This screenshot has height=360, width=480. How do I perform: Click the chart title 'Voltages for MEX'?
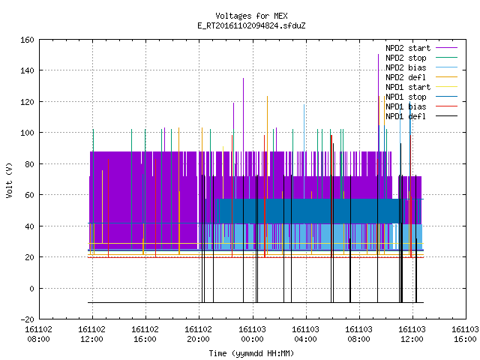(251, 16)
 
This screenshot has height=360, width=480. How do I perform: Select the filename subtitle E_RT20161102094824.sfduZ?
(251, 25)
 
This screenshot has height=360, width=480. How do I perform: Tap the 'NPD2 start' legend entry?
(408, 48)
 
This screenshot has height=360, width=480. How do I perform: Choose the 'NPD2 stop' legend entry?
(406, 58)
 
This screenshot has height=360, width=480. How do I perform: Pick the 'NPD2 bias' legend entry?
(406, 67)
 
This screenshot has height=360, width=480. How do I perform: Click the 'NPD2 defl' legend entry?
(406, 77)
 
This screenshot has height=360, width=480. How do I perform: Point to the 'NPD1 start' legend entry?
(408, 87)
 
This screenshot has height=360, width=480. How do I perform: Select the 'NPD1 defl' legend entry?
(406, 116)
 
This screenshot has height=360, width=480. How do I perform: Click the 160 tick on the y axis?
(27, 40)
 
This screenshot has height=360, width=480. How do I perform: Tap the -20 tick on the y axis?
(27, 319)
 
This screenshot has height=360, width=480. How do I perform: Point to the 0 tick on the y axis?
(31, 288)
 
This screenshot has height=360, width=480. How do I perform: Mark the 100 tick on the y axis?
(27, 133)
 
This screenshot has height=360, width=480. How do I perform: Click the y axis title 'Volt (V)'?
(9, 180)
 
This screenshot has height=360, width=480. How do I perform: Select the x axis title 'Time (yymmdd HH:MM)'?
(251, 353)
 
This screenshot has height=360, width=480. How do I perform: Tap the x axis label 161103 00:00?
(252, 334)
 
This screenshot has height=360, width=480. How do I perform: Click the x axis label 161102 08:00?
(38, 334)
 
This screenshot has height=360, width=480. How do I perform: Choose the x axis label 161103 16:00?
(465, 334)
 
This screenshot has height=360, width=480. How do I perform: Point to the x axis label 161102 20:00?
(198, 334)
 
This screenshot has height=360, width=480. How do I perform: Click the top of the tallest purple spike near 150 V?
(378, 55)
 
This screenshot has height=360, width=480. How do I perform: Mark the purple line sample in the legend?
(447, 48)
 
